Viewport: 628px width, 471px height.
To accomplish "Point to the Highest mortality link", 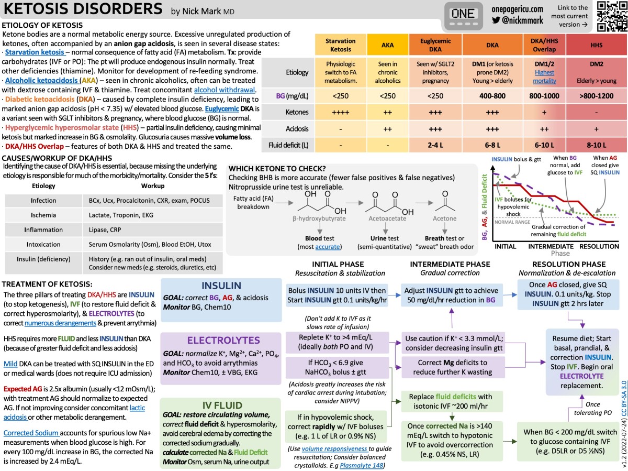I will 544,76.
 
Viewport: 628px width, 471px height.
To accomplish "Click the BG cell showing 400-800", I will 492,95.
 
